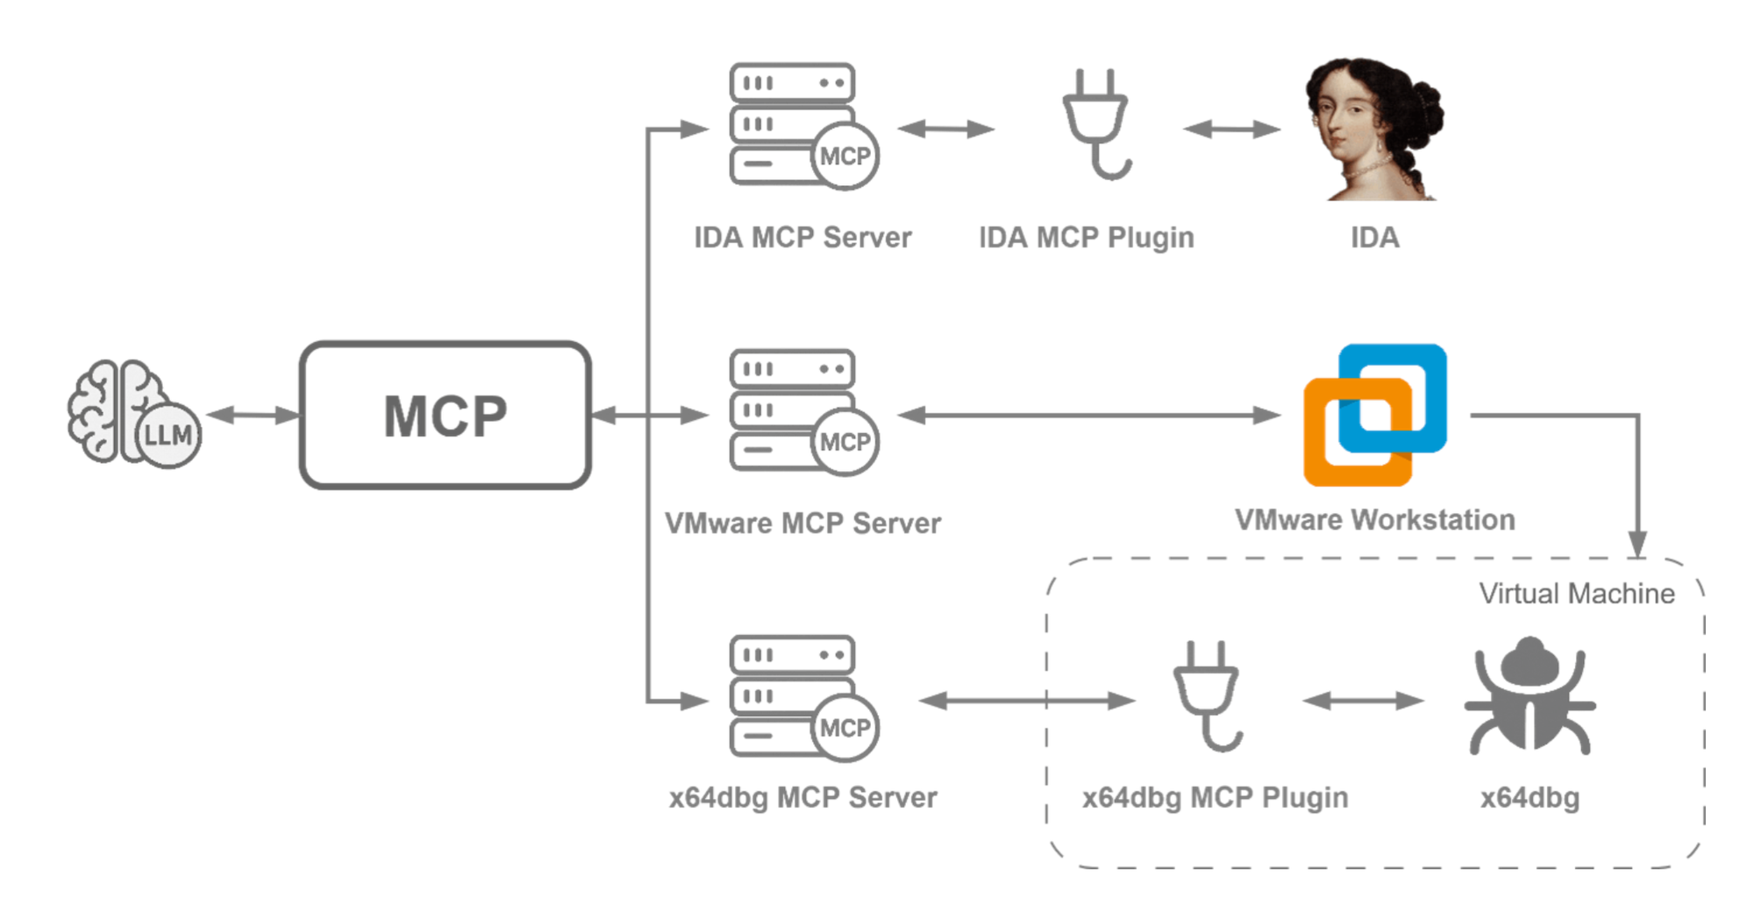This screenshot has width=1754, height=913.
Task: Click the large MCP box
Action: tap(446, 415)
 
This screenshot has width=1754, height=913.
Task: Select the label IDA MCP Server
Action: tap(802, 238)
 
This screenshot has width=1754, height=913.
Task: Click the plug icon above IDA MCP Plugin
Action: tap(1096, 124)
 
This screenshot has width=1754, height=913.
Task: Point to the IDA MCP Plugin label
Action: tap(1087, 238)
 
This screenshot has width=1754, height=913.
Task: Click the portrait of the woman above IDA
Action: tap(1373, 129)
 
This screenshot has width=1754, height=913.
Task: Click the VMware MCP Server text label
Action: tap(802, 524)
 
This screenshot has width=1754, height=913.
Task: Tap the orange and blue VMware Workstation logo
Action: tap(1374, 415)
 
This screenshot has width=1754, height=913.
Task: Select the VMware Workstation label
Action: tap(1374, 520)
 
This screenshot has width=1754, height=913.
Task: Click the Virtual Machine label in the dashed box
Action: tap(1576, 594)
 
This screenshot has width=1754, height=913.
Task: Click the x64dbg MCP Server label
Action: tap(802, 797)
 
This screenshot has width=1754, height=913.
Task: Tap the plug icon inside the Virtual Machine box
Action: tap(1208, 696)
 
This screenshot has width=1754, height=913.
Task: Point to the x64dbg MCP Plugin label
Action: tap(1215, 797)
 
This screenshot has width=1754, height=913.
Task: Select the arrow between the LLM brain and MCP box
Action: tap(253, 415)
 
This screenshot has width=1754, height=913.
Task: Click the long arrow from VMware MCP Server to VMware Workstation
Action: tap(1088, 415)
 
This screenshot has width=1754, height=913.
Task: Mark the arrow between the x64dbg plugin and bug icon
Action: tap(1363, 700)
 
